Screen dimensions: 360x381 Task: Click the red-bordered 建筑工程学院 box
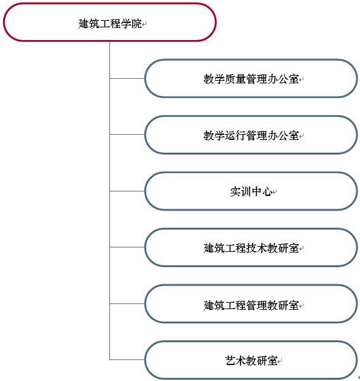click(x=109, y=22)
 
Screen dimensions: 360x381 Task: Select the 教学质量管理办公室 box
click(x=251, y=78)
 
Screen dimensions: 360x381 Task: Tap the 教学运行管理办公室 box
click(x=251, y=135)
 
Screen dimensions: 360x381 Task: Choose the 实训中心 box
click(x=251, y=191)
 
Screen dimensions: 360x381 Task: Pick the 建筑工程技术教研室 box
click(x=251, y=247)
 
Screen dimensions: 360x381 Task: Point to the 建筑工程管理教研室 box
click(x=251, y=304)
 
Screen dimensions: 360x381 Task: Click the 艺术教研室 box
click(x=251, y=360)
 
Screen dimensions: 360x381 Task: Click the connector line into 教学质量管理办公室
click(x=127, y=78)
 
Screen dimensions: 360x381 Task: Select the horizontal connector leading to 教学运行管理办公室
click(x=127, y=135)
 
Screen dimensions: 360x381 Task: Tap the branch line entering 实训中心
click(x=127, y=191)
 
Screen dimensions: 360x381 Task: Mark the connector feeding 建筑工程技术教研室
click(x=127, y=247)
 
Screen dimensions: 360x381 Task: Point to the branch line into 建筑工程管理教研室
click(x=127, y=303)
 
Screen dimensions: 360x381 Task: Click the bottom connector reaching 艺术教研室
click(x=127, y=359)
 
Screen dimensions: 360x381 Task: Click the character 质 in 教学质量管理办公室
click(x=230, y=79)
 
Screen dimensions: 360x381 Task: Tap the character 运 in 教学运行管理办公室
click(x=230, y=135)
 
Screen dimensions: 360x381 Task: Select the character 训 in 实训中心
click(x=246, y=191)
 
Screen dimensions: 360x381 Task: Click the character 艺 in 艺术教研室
click(x=230, y=361)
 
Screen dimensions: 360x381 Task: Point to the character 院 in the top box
click(x=137, y=24)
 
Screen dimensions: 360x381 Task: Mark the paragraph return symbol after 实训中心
click(x=275, y=193)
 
